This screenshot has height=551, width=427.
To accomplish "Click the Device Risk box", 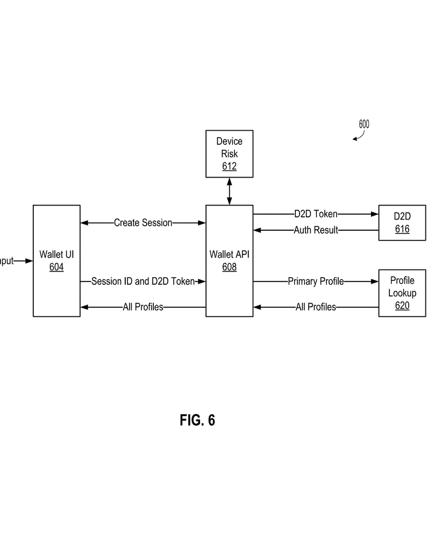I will coord(230,153).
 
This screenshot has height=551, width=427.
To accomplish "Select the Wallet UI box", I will coord(56,260).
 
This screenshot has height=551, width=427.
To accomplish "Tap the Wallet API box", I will coord(230,260).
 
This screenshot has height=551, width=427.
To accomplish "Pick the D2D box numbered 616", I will coord(402,222).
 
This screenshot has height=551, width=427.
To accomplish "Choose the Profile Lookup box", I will coord(402,293).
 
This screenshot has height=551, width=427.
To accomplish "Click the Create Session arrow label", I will coord(143,223).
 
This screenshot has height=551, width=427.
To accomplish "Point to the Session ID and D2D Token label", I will coord(143,281).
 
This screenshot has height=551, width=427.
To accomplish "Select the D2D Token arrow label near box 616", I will coord(316,214).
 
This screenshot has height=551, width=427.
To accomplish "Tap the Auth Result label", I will coord(316,230).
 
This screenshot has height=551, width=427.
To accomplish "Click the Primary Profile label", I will coord(316,281).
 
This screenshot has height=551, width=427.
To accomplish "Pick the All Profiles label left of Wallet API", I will coord(143,307).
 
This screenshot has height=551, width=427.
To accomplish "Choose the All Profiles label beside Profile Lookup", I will coord(316,307).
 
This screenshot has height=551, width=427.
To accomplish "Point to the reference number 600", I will coord(364,124).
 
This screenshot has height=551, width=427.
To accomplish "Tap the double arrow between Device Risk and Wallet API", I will coord(230,191).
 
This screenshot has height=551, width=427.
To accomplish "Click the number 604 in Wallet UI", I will coord(56,267).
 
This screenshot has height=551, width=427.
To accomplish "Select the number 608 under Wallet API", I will coord(230,267).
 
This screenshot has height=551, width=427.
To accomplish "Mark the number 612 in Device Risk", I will coord(230,166).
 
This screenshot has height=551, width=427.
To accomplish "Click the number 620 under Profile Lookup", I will coord(402,306).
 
